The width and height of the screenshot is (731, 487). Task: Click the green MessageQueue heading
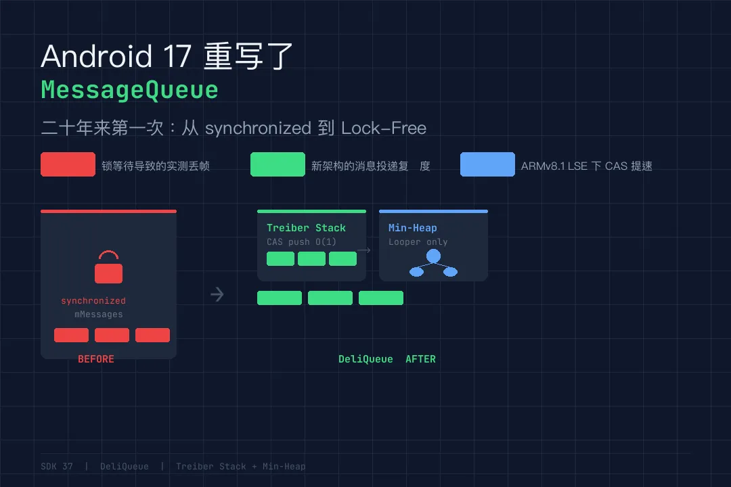[129, 90]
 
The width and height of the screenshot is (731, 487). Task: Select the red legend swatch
[68, 164]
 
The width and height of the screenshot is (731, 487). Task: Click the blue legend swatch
[487, 164]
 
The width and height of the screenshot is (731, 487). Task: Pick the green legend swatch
[278, 164]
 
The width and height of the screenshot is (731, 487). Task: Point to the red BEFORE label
[96, 359]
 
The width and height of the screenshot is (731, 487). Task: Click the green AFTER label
[420, 359]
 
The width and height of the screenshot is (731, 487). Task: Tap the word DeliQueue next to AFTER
[365, 359]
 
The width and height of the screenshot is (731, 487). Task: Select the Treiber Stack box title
[306, 228]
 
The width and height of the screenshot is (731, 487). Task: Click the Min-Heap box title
[413, 228]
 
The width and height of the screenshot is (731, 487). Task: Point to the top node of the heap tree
[433, 256]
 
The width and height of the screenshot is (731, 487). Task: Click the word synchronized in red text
[93, 301]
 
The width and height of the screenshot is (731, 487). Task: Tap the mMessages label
[99, 315]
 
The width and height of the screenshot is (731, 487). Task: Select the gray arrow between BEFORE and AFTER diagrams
[217, 294]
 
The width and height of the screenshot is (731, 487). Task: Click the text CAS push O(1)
[301, 242]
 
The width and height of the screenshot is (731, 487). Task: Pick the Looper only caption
[418, 242]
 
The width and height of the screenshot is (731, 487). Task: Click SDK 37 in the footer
[57, 467]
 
